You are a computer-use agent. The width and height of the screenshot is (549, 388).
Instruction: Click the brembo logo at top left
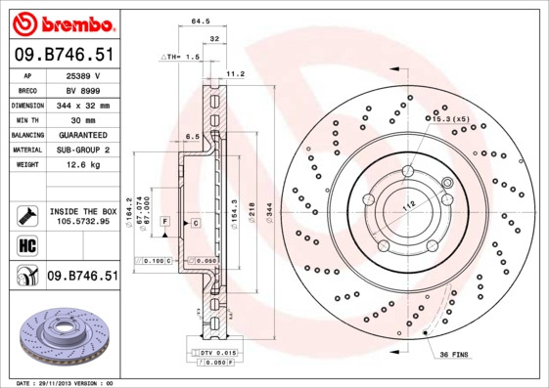60,22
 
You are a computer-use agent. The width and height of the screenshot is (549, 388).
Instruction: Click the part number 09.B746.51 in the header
60,55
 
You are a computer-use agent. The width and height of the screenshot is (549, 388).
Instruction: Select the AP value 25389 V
82,74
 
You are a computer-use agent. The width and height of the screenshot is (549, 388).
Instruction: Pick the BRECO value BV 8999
82,89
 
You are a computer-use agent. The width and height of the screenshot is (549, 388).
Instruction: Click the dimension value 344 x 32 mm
82,105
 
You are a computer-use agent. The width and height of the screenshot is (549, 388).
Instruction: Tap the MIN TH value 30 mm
82,119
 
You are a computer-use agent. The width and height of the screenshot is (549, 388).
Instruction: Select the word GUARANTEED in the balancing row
82,134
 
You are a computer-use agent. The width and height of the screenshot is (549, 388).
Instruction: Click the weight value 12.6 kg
82,164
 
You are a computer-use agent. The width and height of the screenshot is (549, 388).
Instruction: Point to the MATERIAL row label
26,150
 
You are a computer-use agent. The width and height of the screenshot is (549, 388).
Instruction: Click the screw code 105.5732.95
82,221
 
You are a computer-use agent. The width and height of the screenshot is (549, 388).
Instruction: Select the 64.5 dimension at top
200,20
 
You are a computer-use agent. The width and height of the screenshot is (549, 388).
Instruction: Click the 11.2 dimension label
236,73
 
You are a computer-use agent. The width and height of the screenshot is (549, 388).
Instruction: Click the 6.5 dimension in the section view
193,136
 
